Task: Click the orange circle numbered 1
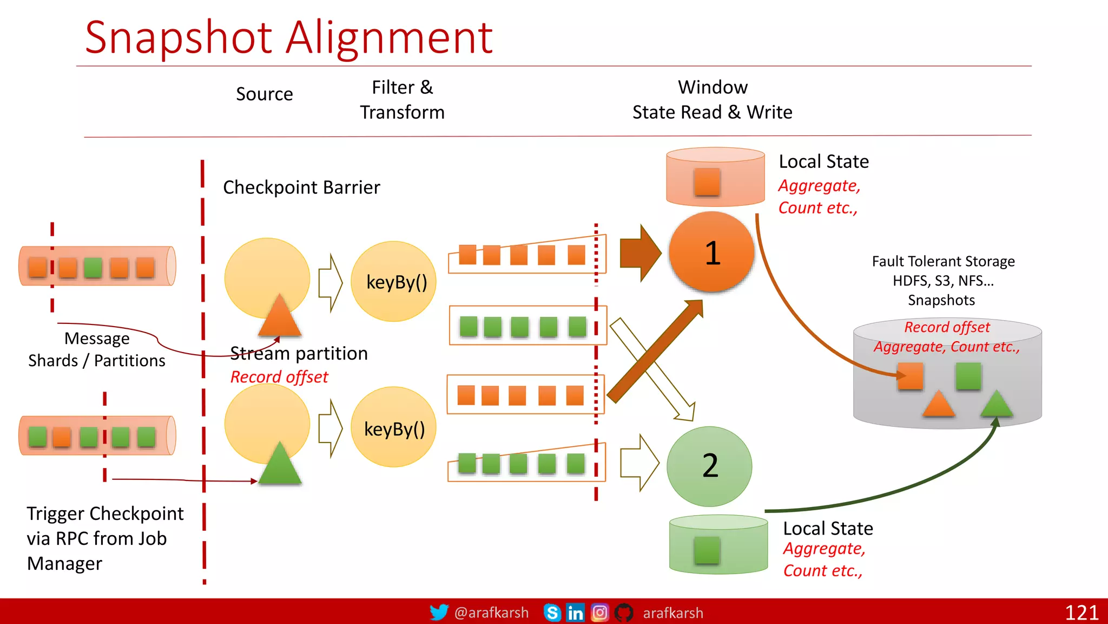[x=711, y=252]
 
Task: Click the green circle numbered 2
[x=709, y=466]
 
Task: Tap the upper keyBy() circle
[x=394, y=282]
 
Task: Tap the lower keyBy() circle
[x=394, y=428]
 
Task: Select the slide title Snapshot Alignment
[x=288, y=37]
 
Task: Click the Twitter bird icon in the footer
[x=439, y=612]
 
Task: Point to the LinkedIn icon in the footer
[x=575, y=613]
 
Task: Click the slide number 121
[x=1081, y=613]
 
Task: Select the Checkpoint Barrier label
[x=301, y=187]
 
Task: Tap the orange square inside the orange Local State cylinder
[x=707, y=181]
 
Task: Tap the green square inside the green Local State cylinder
[x=707, y=550]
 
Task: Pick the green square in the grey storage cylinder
[x=968, y=376]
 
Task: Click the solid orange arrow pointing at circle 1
[x=640, y=252]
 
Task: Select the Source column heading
[x=265, y=94]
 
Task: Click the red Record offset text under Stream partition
[x=279, y=377]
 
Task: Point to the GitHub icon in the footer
[x=624, y=613]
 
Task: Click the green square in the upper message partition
[x=93, y=268]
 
